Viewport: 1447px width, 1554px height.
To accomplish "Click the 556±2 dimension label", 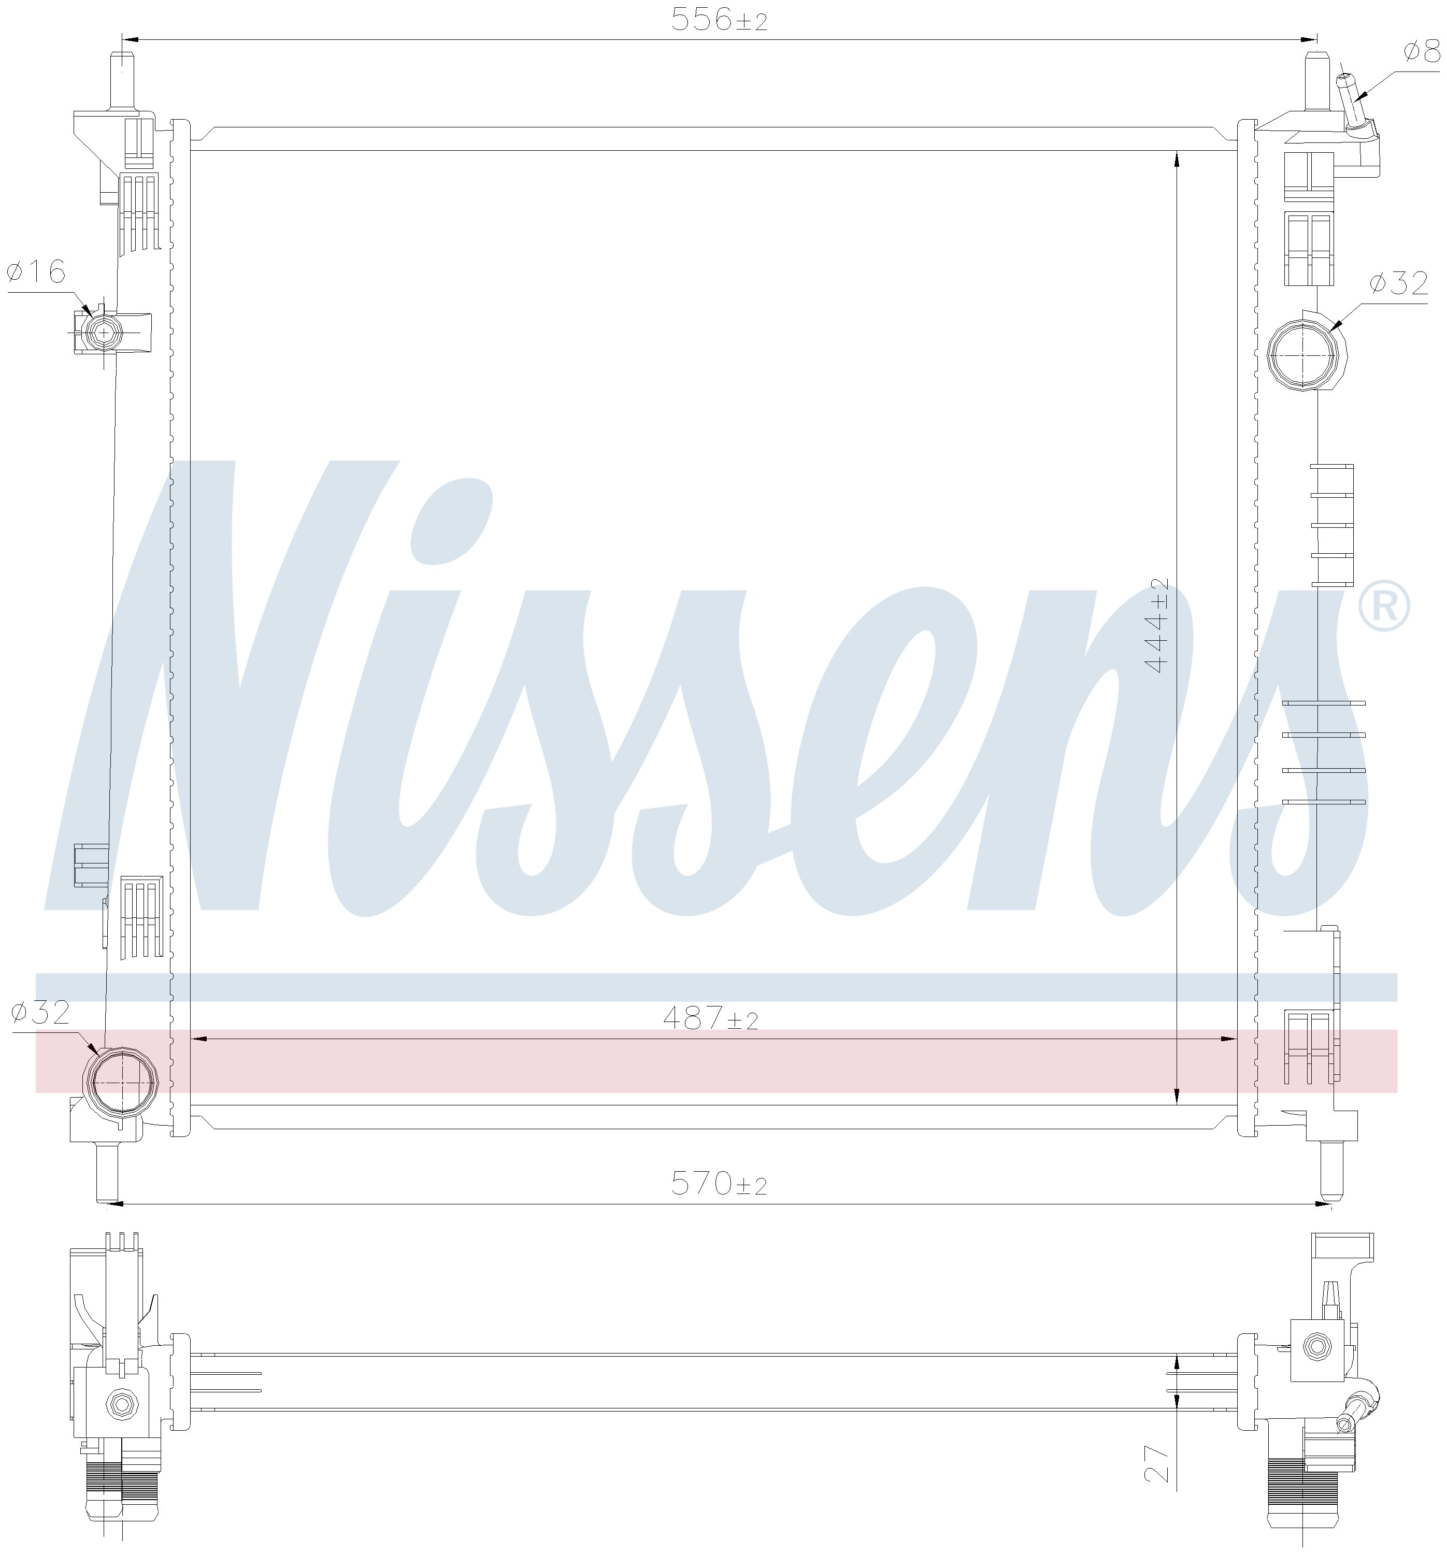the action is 719,20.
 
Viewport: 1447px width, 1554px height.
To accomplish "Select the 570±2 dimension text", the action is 719,1184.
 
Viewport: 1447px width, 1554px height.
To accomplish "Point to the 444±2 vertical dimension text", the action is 1156,625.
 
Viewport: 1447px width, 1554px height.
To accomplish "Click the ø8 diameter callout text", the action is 1421,52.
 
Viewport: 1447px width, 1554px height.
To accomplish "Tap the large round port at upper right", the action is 1302,354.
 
